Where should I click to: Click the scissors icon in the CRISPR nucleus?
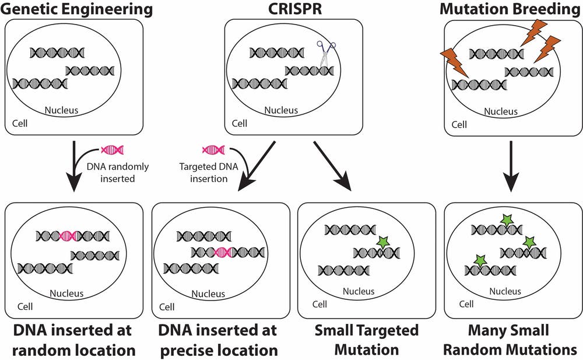pos(326,54)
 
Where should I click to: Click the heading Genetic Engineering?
pos(76,8)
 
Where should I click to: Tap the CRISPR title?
pos(295,8)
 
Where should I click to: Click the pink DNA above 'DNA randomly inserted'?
pos(113,151)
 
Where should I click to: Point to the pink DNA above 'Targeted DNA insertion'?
pos(213,151)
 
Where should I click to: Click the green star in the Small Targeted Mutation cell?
pos(382,242)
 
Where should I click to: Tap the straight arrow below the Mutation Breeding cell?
pos(511,166)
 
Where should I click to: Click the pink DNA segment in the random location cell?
pos(68,236)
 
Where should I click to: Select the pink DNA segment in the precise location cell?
pos(223,253)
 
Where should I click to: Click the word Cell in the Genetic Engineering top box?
pos(20,123)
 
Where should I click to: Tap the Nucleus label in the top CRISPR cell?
pos(281,110)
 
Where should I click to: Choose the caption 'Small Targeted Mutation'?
pos(367,340)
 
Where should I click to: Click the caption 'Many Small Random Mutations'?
pos(510,340)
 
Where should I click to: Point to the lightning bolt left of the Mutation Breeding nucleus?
pos(454,62)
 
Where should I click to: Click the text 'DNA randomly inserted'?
pos(118,172)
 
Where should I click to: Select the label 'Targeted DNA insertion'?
pos(209,172)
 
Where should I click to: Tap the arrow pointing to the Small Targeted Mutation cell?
pos(332,166)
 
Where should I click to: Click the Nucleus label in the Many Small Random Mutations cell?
pos(505,291)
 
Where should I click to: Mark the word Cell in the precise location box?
pos(167,307)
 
